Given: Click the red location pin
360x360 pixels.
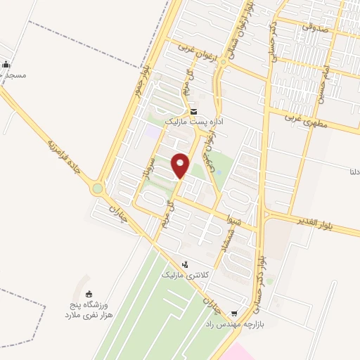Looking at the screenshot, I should (x=181, y=165).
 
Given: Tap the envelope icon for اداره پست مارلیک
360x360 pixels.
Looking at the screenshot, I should (x=194, y=112).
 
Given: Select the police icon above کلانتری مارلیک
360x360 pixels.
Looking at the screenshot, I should (x=184, y=264).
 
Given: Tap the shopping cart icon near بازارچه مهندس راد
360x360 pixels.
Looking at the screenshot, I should (x=234, y=314).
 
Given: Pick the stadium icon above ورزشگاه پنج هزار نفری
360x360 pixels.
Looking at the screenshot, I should (x=89, y=295).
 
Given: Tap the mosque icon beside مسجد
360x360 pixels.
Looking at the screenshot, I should (x=6, y=65).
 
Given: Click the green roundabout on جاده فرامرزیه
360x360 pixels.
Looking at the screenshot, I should (x=97, y=188).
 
